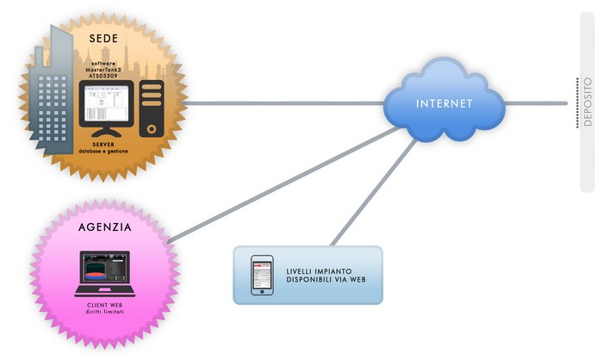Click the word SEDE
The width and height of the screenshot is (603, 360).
click(103, 39)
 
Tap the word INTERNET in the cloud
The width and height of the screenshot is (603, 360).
click(444, 104)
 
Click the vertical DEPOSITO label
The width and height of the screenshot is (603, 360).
click(587, 102)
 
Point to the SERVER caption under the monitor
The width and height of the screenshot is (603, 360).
click(103, 145)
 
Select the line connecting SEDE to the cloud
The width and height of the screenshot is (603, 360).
click(284, 104)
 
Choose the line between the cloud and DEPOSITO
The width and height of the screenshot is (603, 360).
click(534, 103)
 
